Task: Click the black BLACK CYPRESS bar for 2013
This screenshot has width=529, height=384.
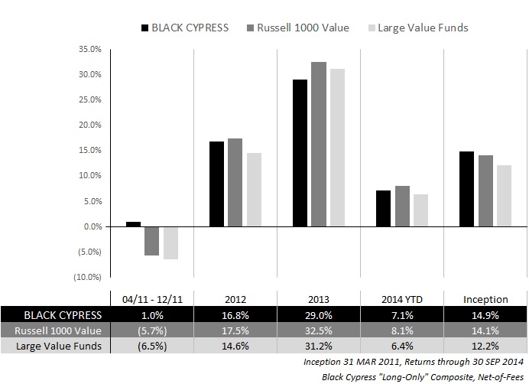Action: pos(300,153)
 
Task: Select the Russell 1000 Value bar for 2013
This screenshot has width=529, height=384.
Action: pos(318,145)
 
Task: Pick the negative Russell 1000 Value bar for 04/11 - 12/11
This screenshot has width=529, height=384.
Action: pos(151,241)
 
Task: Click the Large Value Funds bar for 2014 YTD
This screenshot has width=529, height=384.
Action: pos(420,210)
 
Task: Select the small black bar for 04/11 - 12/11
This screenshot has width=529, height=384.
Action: pos(133,224)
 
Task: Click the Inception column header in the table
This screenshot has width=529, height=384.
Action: pos(485,298)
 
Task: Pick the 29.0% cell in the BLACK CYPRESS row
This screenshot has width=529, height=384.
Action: pos(318,314)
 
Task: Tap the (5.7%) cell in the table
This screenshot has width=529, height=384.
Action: pos(151,330)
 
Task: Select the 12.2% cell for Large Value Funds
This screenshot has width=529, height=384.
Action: pos(485,346)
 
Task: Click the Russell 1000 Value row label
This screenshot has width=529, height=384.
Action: pos(55,330)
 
